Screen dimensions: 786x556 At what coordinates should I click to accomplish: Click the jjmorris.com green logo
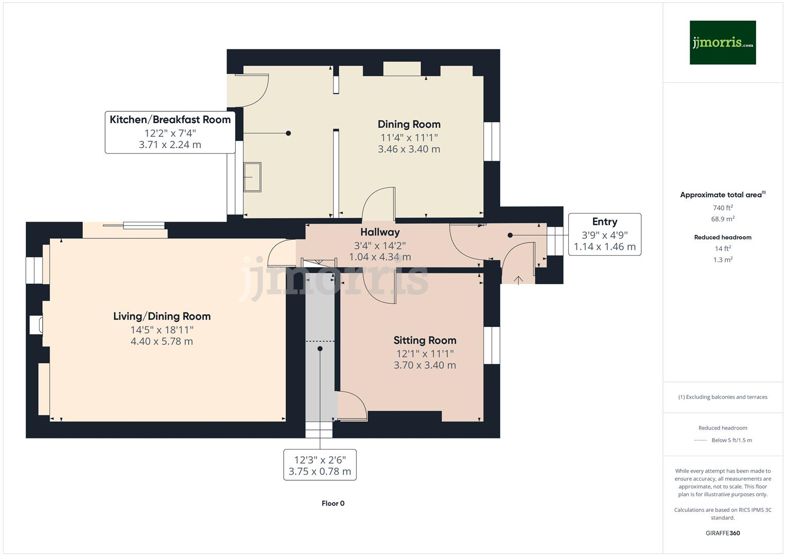coord(723,42)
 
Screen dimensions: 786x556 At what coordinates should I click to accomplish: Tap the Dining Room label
coord(409,124)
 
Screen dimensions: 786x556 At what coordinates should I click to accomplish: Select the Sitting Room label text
coord(425,340)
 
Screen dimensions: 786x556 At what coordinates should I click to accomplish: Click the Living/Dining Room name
coord(162,316)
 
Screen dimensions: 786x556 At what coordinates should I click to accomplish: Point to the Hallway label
coord(380,232)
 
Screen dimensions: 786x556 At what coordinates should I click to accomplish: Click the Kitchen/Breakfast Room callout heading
coord(170,119)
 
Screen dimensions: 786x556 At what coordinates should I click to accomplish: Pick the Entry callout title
coord(605,222)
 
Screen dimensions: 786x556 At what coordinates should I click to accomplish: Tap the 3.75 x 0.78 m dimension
coord(320,472)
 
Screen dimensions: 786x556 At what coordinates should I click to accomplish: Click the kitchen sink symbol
coord(252,177)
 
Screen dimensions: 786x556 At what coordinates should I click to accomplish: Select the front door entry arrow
coord(518,280)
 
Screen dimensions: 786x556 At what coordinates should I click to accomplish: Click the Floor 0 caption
coord(333,503)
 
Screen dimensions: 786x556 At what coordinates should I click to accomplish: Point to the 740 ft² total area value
coord(723,207)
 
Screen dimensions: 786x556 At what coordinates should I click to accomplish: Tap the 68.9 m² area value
coord(723,219)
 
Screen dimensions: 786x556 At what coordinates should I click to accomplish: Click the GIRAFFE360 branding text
coord(723,533)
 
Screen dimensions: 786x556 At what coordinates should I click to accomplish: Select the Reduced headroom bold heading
coord(723,237)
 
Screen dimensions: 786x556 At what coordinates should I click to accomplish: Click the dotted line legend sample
coord(701,440)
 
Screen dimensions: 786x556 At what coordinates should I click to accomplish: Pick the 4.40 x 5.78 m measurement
coord(162,341)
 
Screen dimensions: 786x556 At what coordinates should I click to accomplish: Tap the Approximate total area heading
coord(723,195)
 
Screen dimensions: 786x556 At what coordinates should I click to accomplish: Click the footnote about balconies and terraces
coord(723,397)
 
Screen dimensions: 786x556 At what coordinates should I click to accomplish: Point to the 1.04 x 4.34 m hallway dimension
coord(380,257)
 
